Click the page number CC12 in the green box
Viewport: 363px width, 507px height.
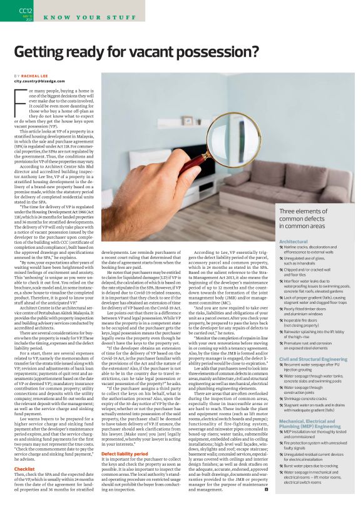[26, 10]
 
